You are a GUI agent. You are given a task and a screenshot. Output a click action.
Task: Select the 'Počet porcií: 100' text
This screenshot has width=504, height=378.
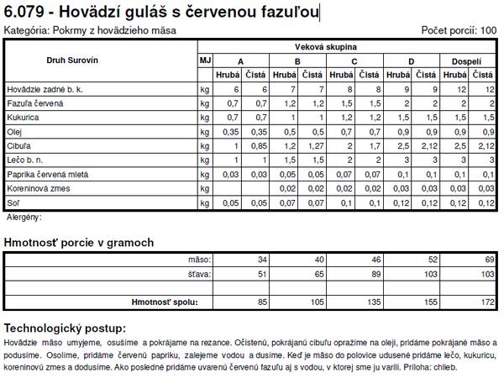tap(460, 30)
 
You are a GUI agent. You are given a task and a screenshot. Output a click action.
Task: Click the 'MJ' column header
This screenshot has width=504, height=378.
tap(205, 60)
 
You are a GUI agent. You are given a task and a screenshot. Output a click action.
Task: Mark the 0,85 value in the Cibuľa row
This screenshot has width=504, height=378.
tap(260, 146)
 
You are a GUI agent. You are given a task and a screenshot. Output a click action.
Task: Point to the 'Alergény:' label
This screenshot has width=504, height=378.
tap(24, 217)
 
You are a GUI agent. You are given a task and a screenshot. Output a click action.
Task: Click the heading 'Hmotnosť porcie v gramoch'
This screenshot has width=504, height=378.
tap(79, 243)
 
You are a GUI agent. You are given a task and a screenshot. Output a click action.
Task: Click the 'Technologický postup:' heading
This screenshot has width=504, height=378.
tap(66, 327)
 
